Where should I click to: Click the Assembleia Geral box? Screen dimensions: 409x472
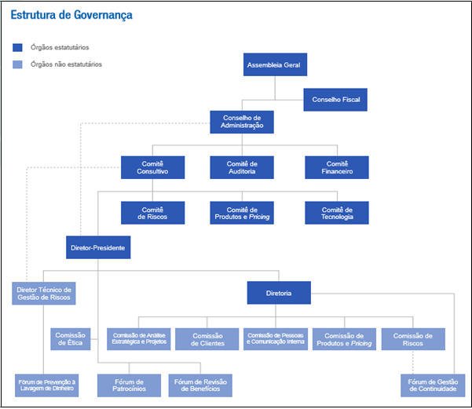pyautogui.click(x=274, y=64)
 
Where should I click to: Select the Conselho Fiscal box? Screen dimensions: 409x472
pyautogui.click(x=335, y=100)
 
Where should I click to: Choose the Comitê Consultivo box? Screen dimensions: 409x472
pyautogui.click(x=153, y=167)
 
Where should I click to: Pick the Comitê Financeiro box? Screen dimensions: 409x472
pyautogui.click(x=337, y=167)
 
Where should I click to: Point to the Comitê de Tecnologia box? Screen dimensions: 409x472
pyautogui.click(x=337, y=213)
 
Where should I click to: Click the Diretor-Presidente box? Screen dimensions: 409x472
pyautogui.click(x=98, y=248)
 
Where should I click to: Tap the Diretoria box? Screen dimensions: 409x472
pyautogui.click(x=279, y=293)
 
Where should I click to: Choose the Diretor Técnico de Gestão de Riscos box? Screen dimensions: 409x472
pyautogui.click(x=45, y=293)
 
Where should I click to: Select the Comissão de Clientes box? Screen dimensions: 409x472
pyautogui.click(x=206, y=339)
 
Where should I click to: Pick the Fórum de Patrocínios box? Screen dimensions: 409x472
pyautogui.click(x=129, y=385)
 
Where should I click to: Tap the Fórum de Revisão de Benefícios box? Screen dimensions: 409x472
pyautogui.click(x=200, y=385)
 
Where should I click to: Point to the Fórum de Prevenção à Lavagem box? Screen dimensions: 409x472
pyautogui.click(x=47, y=385)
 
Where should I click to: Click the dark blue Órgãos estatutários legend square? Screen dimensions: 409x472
pyautogui.click(x=18, y=48)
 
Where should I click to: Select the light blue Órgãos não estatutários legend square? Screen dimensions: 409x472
pyautogui.click(x=18, y=64)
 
